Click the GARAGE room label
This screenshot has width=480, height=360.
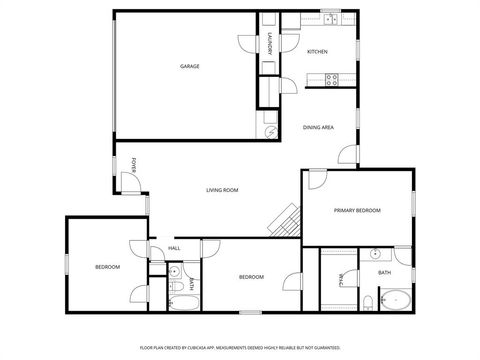(189, 67)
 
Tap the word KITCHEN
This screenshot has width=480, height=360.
(317, 52)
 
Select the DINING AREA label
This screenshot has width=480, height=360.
(318, 127)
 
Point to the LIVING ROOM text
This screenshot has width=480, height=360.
(221, 190)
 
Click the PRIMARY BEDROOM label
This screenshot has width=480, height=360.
(357, 210)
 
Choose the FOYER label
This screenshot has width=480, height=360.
(135, 162)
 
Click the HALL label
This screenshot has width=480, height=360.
(174, 248)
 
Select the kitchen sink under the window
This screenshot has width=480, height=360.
(329, 19)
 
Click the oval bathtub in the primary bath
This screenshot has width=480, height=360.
(395, 299)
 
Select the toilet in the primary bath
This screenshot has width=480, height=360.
(368, 301)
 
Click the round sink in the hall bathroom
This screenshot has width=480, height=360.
(174, 271)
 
